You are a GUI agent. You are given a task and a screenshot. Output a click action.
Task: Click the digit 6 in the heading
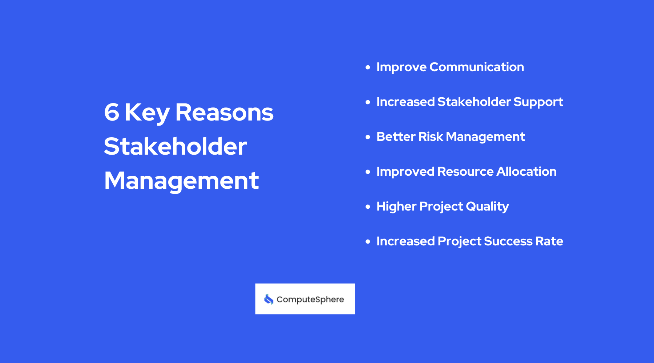(112, 112)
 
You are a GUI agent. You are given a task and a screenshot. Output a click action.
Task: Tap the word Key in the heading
(147, 113)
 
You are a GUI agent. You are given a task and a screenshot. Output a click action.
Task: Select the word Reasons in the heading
(224, 112)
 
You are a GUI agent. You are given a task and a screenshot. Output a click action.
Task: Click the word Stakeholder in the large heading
(175, 146)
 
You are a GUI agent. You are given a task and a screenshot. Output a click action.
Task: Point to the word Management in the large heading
(181, 181)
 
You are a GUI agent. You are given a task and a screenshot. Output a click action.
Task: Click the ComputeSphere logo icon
(269, 299)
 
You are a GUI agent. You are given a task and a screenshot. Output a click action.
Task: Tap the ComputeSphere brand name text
(310, 299)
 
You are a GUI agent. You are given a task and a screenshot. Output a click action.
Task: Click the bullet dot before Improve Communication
(368, 67)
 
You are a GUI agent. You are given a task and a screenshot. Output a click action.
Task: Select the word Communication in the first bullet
(476, 67)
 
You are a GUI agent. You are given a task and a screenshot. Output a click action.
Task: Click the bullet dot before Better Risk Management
(368, 137)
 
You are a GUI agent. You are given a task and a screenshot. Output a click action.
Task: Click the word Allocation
(526, 171)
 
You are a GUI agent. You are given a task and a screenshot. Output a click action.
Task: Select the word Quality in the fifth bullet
(487, 207)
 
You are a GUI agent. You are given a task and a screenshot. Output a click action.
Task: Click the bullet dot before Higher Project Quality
(368, 207)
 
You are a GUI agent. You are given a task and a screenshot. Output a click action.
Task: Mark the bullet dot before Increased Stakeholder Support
(368, 102)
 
